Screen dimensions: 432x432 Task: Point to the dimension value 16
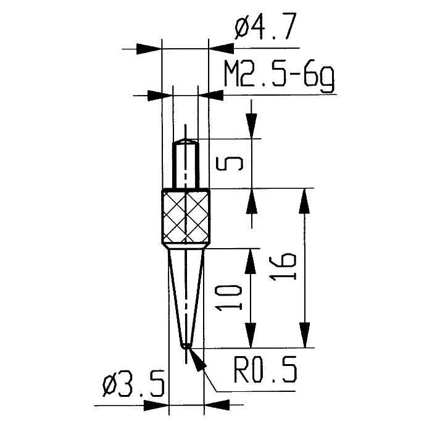pos(283,267)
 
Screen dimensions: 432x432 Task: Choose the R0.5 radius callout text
pos(265,369)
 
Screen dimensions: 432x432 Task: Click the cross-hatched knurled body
pos(186,216)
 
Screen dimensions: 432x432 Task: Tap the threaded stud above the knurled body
pos(185,165)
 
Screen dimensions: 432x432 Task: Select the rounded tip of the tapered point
pos(186,346)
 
